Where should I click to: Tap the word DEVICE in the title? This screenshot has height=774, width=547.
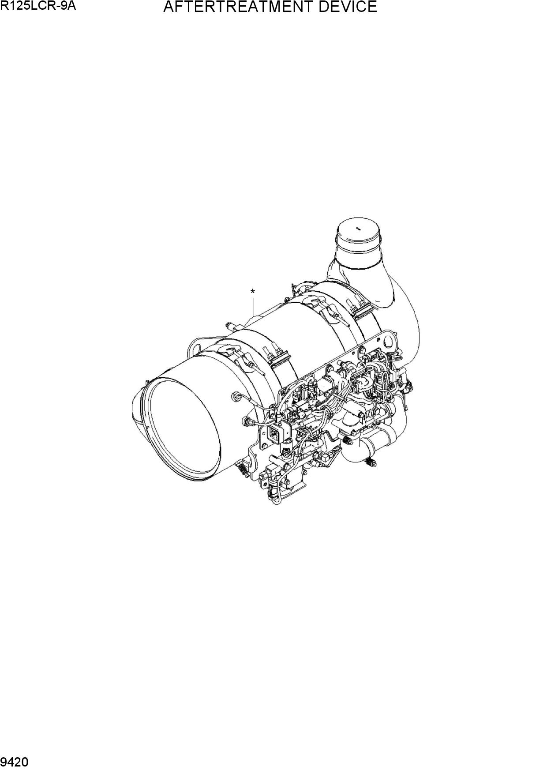click(x=349, y=7)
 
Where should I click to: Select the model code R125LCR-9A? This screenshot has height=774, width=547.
click(x=35, y=6)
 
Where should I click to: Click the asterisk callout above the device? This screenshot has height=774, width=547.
click(x=253, y=292)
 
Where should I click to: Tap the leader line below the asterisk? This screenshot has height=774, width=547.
click(x=254, y=308)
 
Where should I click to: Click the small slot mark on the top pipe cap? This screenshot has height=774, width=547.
click(x=359, y=229)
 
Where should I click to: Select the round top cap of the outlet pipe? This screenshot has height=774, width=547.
click(x=358, y=233)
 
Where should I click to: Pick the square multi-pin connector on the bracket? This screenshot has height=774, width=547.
click(x=274, y=434)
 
